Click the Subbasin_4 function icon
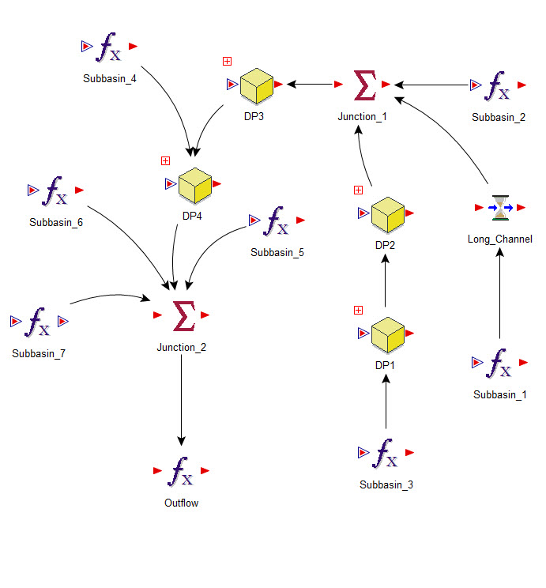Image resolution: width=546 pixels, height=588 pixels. pos(108,49)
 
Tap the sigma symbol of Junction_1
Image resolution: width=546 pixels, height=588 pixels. pos(365,85)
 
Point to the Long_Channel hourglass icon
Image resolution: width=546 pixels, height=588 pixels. pos(501,208)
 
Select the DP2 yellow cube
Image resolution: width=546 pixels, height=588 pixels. pos(387,214)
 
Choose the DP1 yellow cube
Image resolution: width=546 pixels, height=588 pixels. pos(387,334)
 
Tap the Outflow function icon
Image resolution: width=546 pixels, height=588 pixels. pos(182,472)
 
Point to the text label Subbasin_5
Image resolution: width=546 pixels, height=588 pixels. pos(277,253)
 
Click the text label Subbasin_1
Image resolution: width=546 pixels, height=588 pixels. pos(499,394)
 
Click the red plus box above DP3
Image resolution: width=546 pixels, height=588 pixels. pos(227,61)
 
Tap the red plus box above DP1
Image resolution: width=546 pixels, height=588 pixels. pos(358,310)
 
